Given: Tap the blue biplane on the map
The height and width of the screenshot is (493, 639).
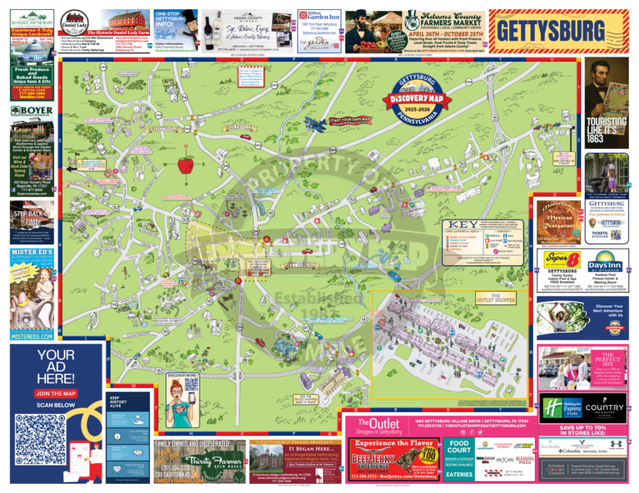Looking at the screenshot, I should click(315, 125).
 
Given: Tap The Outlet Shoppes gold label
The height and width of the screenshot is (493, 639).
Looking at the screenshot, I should click(506, 296).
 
